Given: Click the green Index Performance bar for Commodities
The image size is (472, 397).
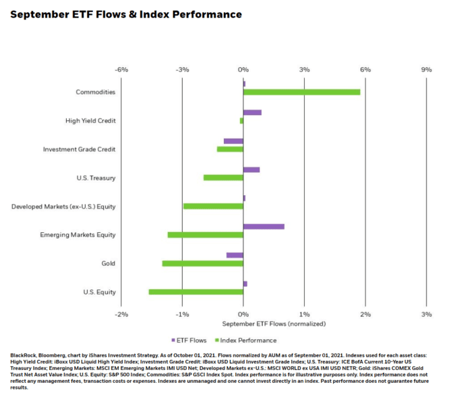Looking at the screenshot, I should pos(301,92).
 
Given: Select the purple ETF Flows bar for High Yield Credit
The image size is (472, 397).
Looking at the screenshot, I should pos(252,112).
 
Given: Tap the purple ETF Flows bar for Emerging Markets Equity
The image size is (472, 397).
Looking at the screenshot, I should pos(264,227).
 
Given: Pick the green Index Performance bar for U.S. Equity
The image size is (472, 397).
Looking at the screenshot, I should pos(196,292).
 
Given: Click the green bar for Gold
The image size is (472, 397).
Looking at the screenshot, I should pos(202,263).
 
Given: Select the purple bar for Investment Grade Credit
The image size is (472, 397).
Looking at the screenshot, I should pos(233,141).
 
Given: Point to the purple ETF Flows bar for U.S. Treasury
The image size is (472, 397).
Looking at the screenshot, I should pos(252,170).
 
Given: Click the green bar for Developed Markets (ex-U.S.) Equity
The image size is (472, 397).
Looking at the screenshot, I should pos(213,206).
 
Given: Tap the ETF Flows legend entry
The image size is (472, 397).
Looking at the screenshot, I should pos(192,340).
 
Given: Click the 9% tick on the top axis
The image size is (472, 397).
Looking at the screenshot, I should pos(426,69).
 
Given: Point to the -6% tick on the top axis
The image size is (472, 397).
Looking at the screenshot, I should pos(121,69).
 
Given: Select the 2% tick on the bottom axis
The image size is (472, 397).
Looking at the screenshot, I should pos(365,314).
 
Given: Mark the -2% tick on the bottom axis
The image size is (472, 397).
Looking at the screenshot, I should pos(121,314).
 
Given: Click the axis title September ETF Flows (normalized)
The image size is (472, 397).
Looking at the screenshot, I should pos(274,324).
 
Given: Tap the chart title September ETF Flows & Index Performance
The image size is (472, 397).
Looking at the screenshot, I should pos(125,14).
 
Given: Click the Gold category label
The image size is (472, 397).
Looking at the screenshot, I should pos(108,263).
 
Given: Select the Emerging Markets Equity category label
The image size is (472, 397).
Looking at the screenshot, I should pos(78,235).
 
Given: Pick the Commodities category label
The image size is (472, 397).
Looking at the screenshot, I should pos(95,92).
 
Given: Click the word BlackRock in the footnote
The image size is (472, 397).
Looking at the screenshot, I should pos(25,355).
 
